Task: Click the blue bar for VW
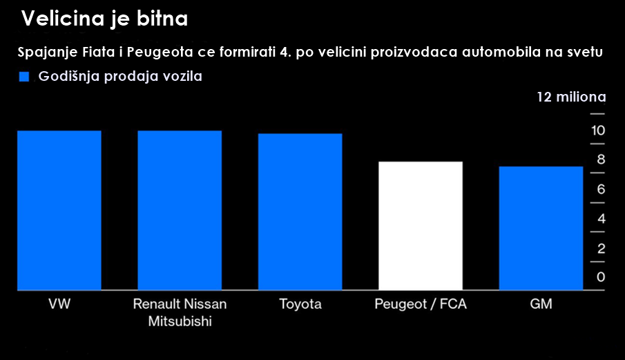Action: pos(59,210)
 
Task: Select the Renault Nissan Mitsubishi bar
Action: pos(180,210)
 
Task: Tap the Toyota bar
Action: pos(300,211)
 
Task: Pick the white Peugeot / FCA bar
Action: pos(421,225)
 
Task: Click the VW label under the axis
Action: pos(59,304)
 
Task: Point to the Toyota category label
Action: pos(300,304)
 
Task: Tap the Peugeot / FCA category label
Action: pos(421,304)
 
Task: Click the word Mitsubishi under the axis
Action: pos(180,321)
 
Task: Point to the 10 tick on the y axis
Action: pos(598,131)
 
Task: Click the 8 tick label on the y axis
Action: pos(601,160)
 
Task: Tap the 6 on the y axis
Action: pos(601,189)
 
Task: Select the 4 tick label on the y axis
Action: pos(601,219)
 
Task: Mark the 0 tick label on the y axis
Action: pos(601,278)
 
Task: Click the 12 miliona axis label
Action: pos(571,96)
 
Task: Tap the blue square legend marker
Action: pos(24,77)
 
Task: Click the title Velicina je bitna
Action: pos(104,19)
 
